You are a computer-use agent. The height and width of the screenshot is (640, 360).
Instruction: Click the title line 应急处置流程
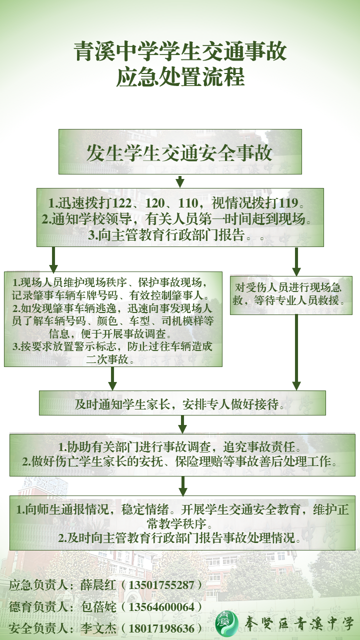click(180, 78)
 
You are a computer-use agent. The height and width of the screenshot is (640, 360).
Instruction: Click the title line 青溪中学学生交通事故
click(180, 52)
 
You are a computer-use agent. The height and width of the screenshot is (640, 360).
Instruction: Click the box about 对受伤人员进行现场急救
click(291, 294)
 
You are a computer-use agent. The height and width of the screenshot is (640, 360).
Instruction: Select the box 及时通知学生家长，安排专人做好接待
click(182, 403)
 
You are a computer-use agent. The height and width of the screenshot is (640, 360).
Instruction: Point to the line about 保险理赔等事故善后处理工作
click(180, 461)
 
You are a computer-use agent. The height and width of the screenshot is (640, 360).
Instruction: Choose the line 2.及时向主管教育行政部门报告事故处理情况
click(180, 538)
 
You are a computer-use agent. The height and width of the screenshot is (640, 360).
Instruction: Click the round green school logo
click(227, 622)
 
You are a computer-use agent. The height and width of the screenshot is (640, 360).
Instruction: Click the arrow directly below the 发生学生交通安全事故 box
click(180, 181)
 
